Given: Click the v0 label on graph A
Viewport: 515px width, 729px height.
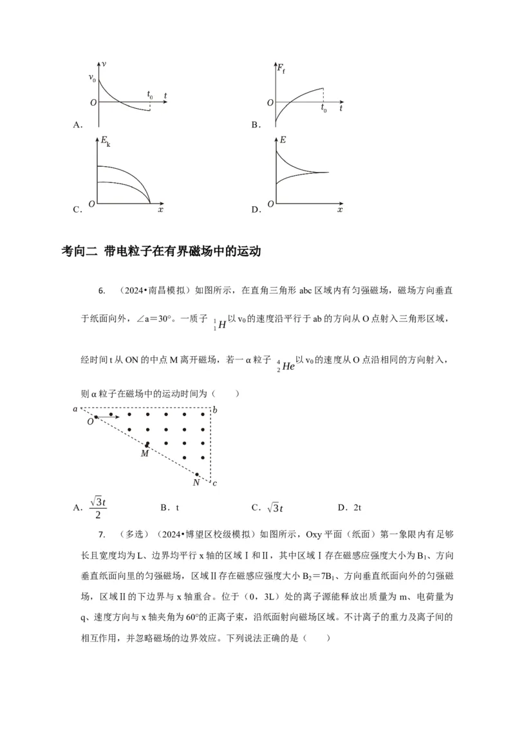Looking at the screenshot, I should [92, 79].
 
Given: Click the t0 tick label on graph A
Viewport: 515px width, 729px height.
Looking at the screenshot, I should [150, 95].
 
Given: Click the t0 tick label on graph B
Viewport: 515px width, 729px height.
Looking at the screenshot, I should [324, 109].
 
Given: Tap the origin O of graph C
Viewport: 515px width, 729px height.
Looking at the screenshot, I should [92, 204].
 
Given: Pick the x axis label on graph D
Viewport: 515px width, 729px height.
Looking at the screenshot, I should [340, 211].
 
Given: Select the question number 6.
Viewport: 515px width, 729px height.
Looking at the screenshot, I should [102, 291].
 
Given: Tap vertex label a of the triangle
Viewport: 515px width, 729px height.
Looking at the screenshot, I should [75, 409].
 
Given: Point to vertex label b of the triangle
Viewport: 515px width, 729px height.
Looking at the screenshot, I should [215, 409].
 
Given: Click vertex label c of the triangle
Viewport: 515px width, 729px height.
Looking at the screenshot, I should [215, 483].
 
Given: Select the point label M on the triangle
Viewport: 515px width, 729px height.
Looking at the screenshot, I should [144, 454].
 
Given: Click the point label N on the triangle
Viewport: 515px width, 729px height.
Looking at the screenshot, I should [196, 482].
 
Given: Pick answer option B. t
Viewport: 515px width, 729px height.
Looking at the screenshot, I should [169, 507].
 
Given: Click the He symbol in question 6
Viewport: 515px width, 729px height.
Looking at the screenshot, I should [288, 366].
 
